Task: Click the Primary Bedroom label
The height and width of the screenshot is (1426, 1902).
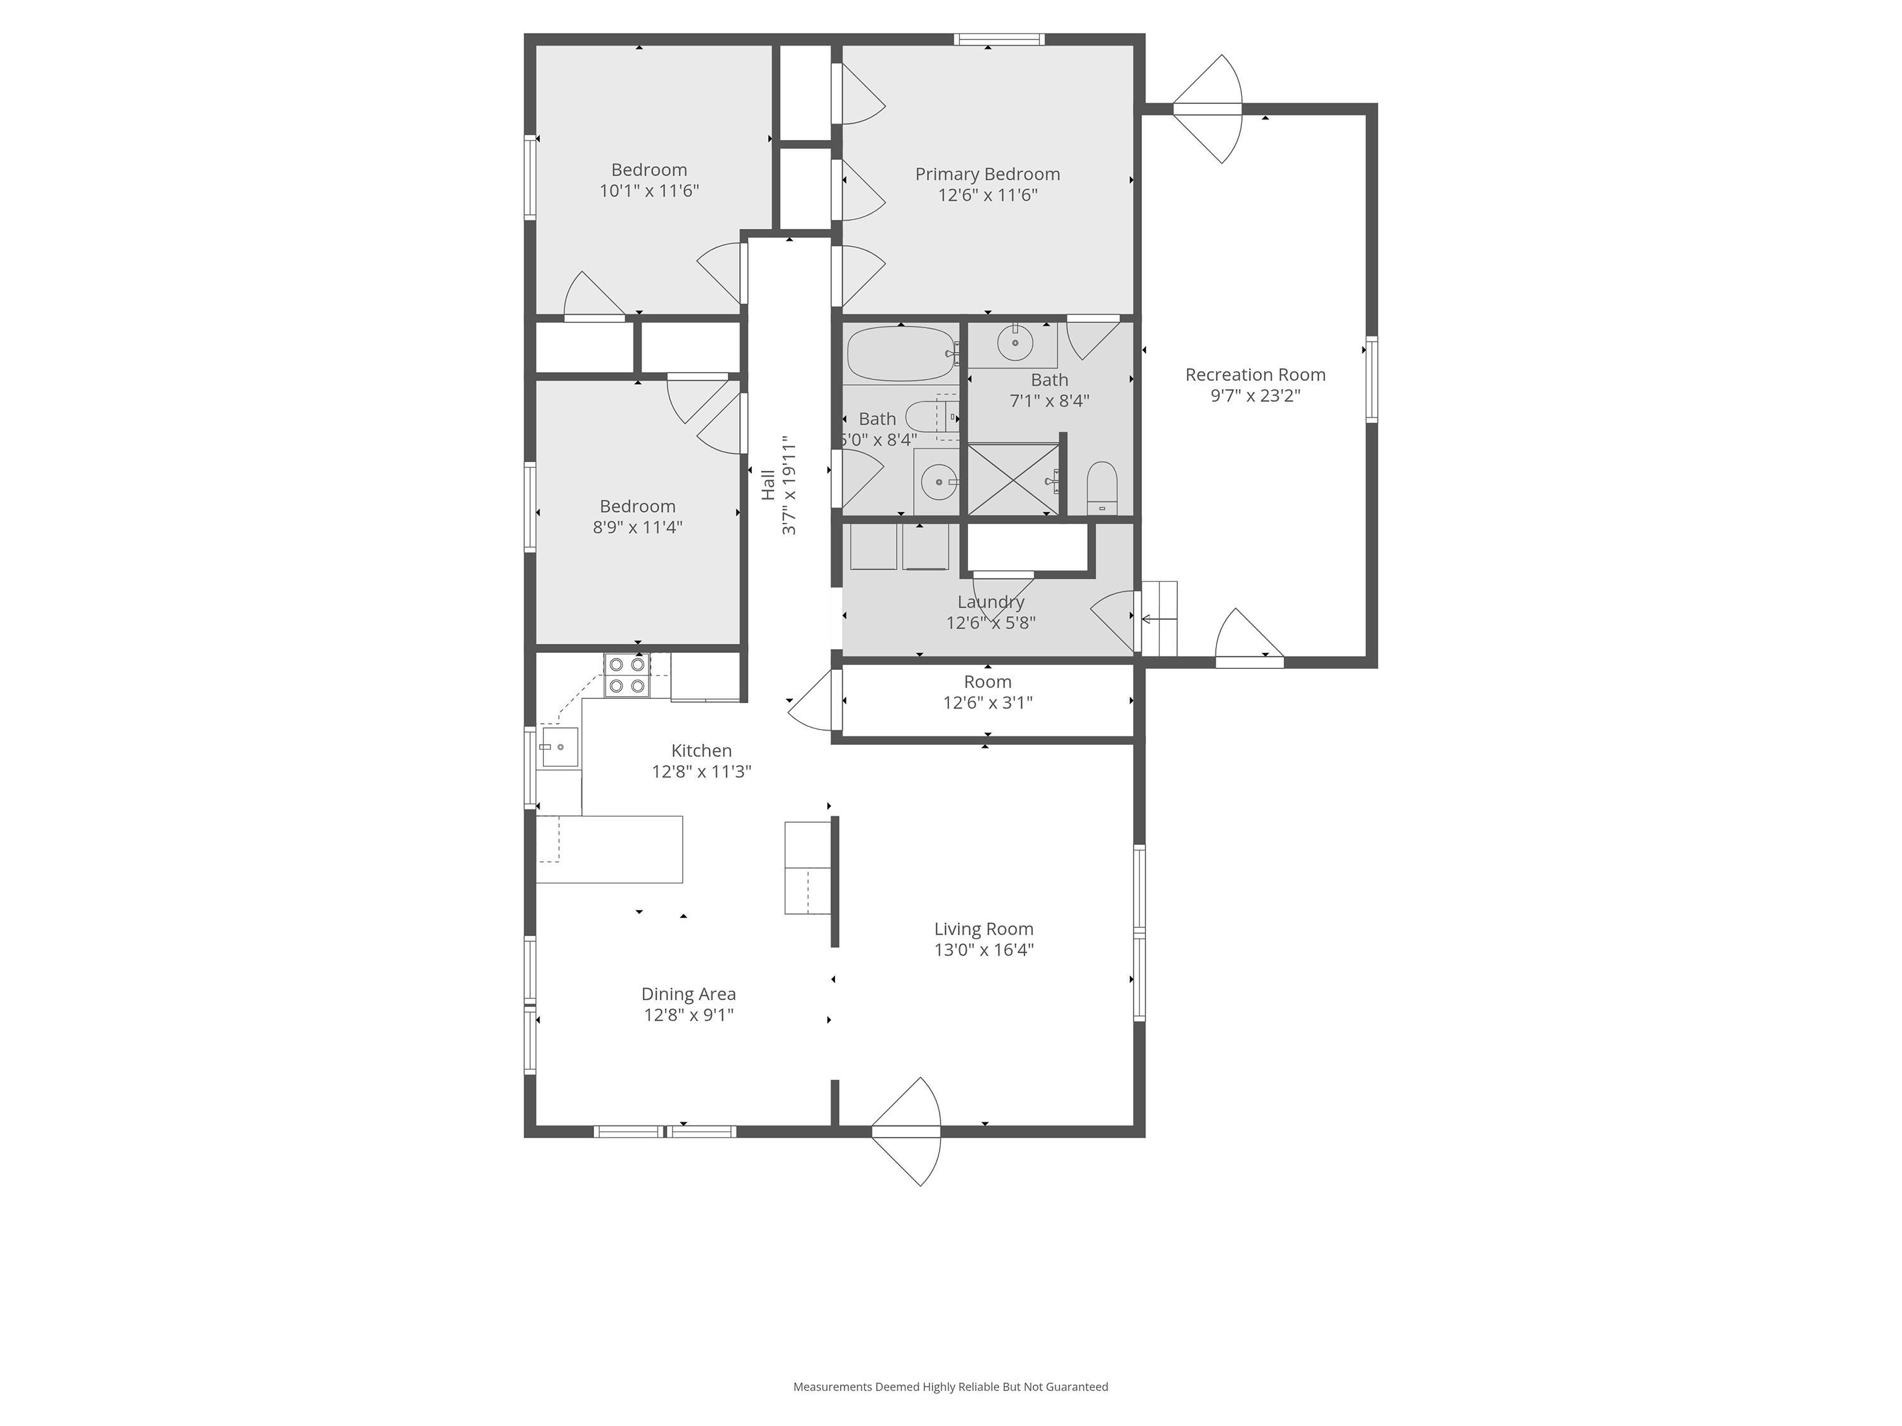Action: click(x=987, y=174)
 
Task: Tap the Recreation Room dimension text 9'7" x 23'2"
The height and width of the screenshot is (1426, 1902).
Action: click(x=1255, y=395)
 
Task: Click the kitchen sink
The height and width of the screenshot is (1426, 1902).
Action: click(x=559, y=747)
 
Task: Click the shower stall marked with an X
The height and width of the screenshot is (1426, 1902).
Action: click(x=1014, y=479)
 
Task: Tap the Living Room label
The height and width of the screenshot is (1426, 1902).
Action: click(x=984, y=929)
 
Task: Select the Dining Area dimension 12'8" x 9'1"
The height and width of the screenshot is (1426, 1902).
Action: click(x=689, y=1015)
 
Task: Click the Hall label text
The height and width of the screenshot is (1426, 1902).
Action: click(x=768, y=484)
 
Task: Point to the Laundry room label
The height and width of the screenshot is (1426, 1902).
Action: click(x=990, y=601)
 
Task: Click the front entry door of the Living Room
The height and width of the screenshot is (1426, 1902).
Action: click(x=906, y=1131)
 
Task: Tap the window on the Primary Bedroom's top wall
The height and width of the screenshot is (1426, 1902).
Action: click(x=999, y=39)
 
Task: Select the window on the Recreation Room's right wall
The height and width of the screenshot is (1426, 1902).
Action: click(x=1371, y=379)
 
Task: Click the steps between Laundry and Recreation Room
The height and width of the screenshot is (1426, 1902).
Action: click(x=1159, y=618)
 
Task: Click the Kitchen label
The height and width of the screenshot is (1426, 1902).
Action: click(x=702, y=750)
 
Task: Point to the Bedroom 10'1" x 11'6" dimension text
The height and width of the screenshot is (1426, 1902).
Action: click(x=649, y=191)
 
